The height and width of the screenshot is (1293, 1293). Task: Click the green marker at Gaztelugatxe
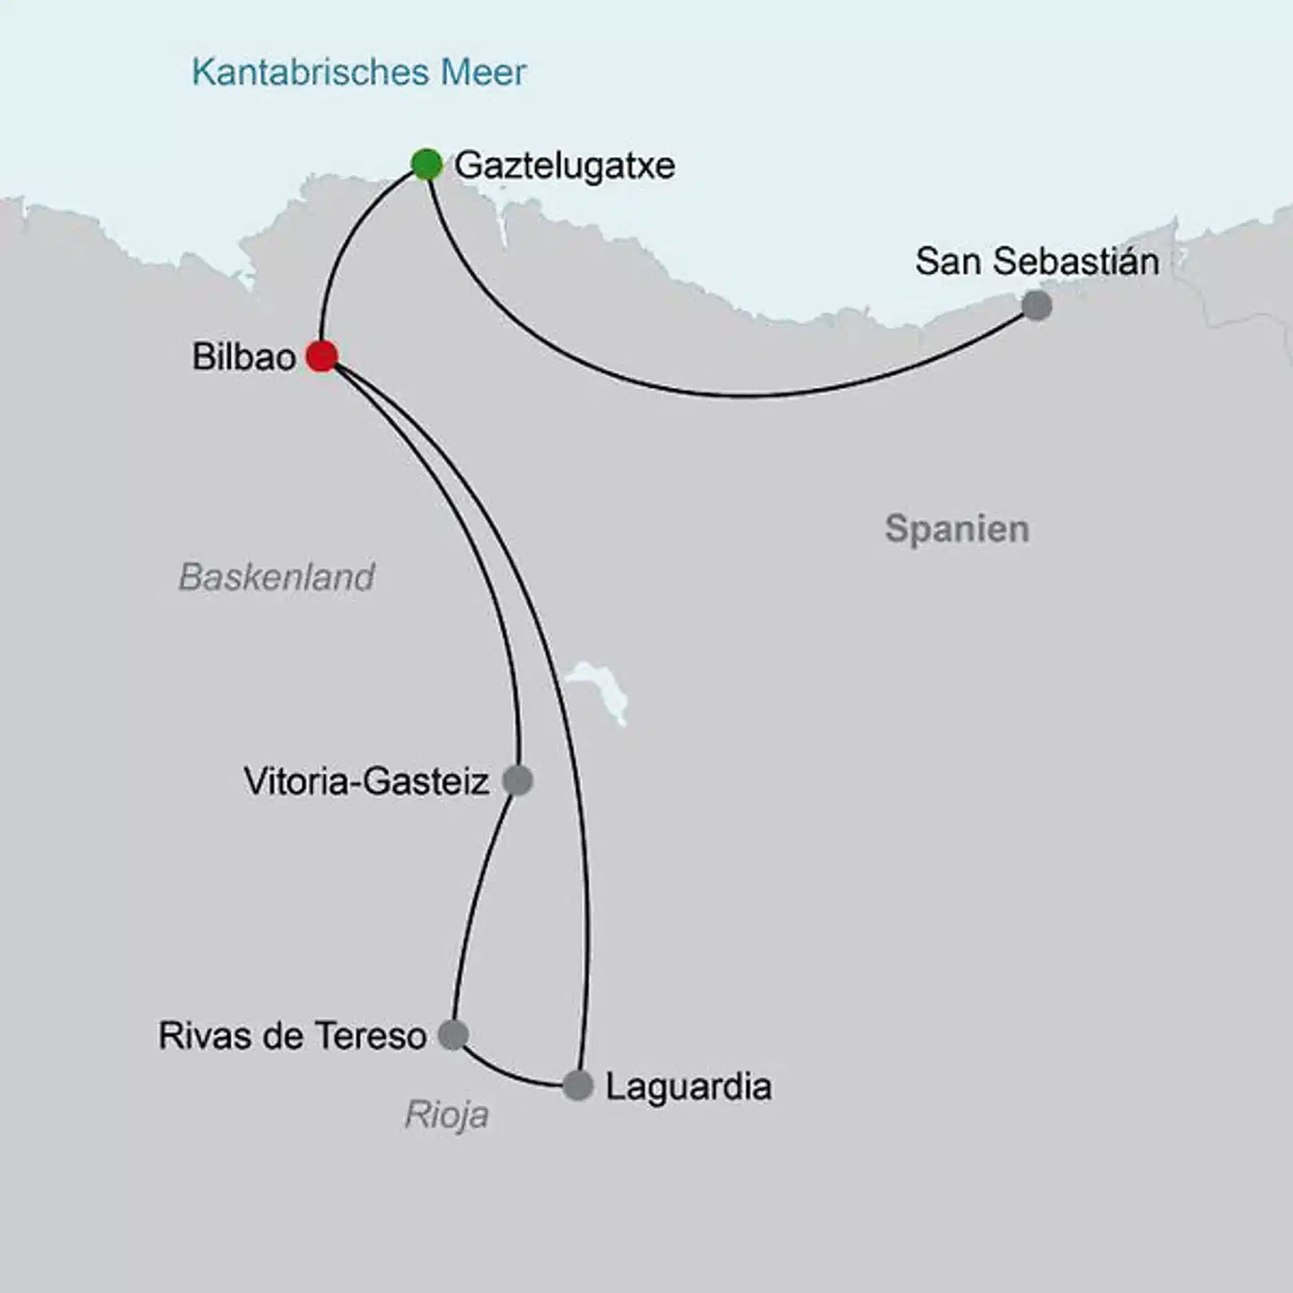coord(427,164)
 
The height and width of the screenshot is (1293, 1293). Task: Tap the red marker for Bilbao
coord(321,356)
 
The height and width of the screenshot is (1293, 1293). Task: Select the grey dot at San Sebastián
coord(1036,305)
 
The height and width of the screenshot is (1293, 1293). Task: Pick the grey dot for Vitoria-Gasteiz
coord(517,780)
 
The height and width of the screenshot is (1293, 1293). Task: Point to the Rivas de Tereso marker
coord(453,1034)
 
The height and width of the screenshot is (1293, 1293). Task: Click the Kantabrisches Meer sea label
coord(358,72)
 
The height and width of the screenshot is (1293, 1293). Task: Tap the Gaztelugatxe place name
coord(564,165)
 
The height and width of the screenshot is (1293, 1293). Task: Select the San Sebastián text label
coord(1036,261)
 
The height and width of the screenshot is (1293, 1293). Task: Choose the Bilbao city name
coord(243,357)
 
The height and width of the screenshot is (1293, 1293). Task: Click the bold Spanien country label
coord(956,528)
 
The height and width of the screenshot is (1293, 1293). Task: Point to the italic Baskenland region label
coord(276,576)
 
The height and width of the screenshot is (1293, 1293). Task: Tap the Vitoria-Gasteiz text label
coord(365,781)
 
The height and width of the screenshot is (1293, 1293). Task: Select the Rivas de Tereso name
coord(292,1035)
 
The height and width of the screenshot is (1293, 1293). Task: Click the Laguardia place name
coord(688,1086)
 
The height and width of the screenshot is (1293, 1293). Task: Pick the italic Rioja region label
coord(446,1114)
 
